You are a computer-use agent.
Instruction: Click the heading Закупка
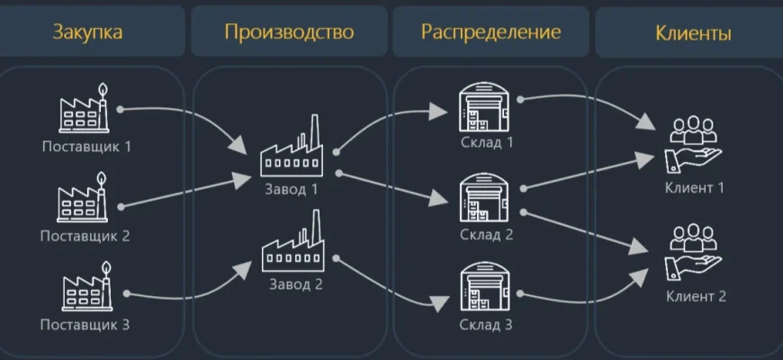point(87,33)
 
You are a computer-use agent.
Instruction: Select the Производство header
point(289,32)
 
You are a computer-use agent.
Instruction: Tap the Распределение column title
point(490,32)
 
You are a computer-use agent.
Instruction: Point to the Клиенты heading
point(693,33)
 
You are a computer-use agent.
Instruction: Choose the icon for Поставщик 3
point(85,289)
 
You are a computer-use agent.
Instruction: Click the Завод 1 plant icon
point(291,149)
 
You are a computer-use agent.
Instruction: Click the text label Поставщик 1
point(85,146)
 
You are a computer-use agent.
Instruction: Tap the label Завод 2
point(291,285)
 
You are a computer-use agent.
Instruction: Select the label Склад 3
point(484,325)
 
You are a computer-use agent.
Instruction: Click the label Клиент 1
point(694,187)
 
